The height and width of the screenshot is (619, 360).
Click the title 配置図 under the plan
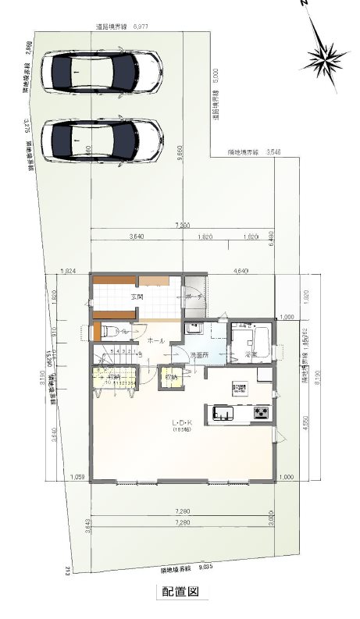click(180, 592)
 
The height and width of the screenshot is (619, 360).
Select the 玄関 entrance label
click(137, 297)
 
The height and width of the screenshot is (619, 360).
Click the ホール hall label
click(155, 341)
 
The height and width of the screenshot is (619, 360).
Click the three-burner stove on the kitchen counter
click(260, 412)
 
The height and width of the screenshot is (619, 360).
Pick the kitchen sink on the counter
click(219, 412)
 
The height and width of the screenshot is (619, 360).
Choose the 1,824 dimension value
click(68, 271)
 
